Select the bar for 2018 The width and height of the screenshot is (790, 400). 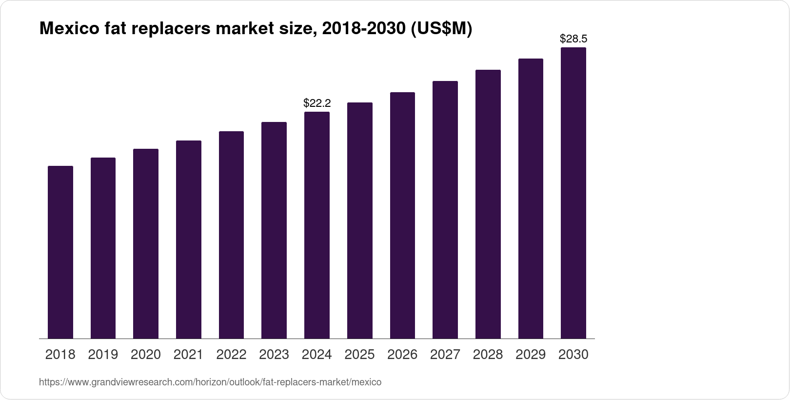[60, 252]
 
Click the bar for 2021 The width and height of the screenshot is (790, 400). [189, 240]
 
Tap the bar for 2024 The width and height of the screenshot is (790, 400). [317, 225]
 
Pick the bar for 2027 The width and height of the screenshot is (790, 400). [445, 210]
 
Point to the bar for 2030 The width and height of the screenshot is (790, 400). [573, 193]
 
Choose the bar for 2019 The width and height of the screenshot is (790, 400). [103, 248]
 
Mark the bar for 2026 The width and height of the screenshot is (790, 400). [402, 215]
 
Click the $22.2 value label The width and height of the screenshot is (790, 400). [317, 103]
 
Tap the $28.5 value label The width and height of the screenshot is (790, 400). [573, 39]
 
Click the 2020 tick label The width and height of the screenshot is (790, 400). [146, 355]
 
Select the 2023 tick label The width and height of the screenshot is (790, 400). [274, 355]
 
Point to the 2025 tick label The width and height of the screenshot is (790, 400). [359, 355]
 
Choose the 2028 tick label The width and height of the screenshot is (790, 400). [488, 355]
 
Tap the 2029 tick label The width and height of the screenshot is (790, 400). [531, 355]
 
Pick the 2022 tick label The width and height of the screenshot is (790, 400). [231, 355]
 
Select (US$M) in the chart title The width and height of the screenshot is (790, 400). [441, 29]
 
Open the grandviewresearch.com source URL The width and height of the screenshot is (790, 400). [210, 382]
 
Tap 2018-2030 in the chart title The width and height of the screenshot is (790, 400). [363, 29]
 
